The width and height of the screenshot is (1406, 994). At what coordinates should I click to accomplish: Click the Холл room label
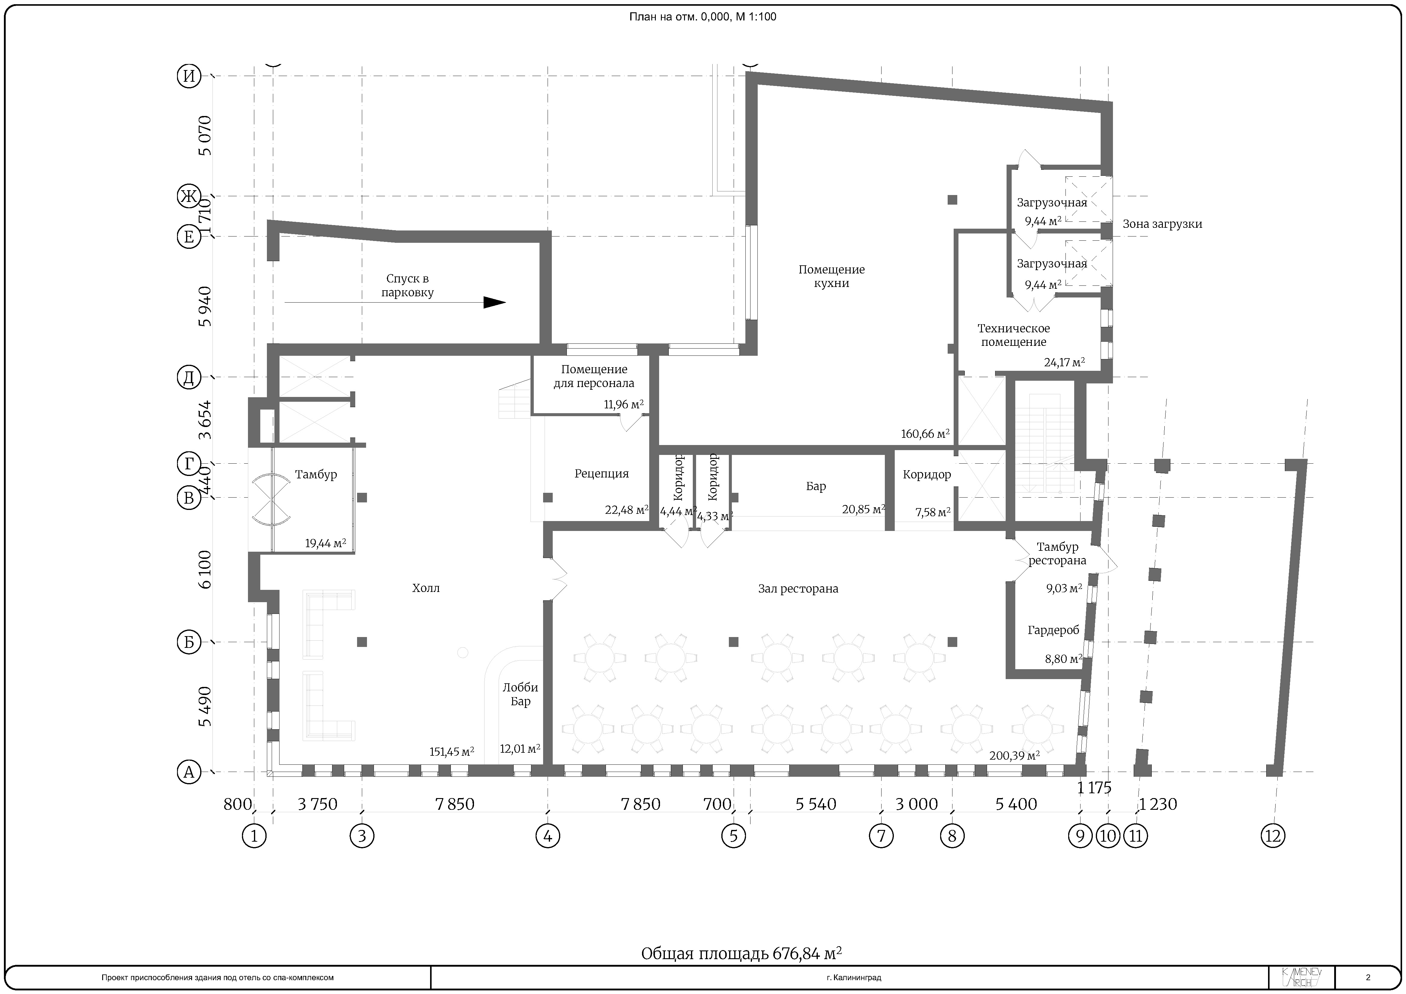click(426, 588)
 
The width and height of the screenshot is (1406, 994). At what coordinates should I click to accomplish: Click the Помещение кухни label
click(832, 276)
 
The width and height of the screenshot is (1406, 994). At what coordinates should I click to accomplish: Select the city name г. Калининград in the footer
click(854, 977)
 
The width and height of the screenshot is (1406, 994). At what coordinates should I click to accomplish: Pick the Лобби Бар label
click(520, 694)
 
